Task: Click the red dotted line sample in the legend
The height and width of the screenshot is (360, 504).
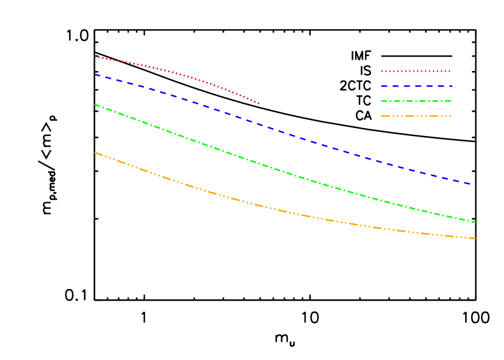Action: click(416, 71)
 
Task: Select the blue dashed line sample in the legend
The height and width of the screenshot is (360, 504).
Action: click(417, 86)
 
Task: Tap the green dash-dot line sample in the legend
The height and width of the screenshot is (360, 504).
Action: click(417, 101)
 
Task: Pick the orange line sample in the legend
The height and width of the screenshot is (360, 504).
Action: click(417, 116)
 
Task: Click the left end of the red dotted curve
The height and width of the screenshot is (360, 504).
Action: click(95, 56)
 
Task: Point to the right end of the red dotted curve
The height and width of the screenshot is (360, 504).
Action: click(259, 104)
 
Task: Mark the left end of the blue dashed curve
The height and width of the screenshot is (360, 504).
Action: click(95, 74)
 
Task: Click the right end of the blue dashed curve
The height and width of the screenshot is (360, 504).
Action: click(475, 184)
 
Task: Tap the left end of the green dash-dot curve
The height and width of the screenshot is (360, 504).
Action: click(95, 104)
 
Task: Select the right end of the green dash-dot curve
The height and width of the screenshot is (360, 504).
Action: click(475, 222)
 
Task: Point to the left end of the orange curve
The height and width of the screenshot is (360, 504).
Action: click(95, 152)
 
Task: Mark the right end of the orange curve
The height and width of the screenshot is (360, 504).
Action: click(475, 239)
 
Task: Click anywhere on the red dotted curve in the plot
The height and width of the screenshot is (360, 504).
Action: click(182, 74)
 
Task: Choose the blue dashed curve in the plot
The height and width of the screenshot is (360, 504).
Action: click(285, 134)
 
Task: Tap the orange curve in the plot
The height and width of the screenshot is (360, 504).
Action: click(285, 211)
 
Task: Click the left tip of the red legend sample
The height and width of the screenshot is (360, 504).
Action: click(382, 71)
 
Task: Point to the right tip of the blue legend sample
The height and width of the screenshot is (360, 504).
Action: click(452, 86)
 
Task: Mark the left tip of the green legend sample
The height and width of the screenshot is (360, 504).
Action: click(382, 101)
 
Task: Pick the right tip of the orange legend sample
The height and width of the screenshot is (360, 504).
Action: click(451, 116)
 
